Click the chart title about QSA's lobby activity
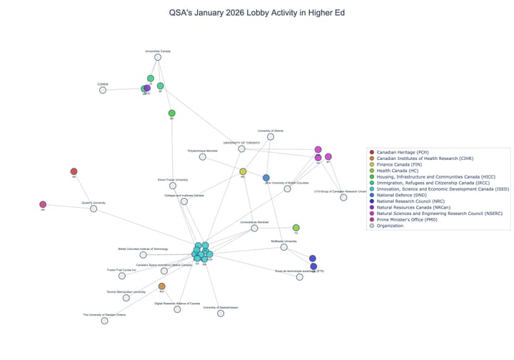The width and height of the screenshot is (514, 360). pyautogui.click(x=256, y=13)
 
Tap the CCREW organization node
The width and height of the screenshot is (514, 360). pyautogui.click(x=103, y=90)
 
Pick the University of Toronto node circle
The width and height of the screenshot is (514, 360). pyautogui.click(x=242, y=149)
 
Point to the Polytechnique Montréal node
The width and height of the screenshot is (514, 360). pyautogui.click(x=203, y=157)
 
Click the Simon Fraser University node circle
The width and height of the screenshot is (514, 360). pyautogui.click(x=173, y=186)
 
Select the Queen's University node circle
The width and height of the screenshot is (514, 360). pyautogui.click(x=94, y=209)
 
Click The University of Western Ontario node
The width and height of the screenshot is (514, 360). pyautogui.click(x=104, y=321)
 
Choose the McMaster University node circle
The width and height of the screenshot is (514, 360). pyautogui.click(x=283, y=248)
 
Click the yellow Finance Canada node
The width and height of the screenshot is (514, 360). pyautogui.click(x=243, y=172)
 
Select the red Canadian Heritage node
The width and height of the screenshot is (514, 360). pyautogui.click(x=74, y=171)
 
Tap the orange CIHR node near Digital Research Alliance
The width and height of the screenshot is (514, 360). pyautogui.click(x=162, y=286)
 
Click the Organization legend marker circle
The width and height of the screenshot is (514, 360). pyautogui.click(x=371, y=226)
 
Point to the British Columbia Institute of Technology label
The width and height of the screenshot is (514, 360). pyautogui.click(x=143, y=249)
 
